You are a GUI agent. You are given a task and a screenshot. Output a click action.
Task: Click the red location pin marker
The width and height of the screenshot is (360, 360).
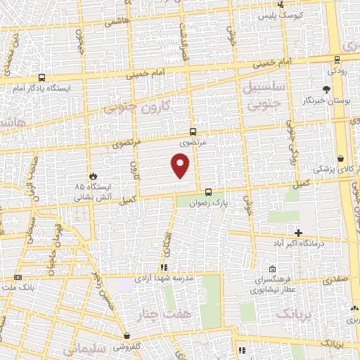[x=181, y=166]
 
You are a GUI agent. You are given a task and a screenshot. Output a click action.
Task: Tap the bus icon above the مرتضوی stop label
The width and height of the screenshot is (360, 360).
[x=193, y=131]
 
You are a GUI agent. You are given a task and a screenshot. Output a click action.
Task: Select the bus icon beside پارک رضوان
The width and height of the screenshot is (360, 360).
[x=208, y=192]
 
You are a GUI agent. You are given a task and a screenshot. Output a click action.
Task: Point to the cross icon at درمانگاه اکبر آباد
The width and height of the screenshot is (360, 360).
[x=298, y=233]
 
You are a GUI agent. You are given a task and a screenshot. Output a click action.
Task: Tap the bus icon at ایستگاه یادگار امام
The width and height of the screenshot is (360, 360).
[x=42, y=78]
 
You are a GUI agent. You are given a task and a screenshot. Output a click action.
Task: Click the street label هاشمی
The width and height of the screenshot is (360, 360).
[x=118, y=22]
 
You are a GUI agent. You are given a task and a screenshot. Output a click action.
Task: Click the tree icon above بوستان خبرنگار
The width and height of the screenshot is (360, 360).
[x=326, y=89]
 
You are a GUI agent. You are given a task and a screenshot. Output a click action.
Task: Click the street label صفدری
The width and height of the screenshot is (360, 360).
[x=336, y=280]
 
